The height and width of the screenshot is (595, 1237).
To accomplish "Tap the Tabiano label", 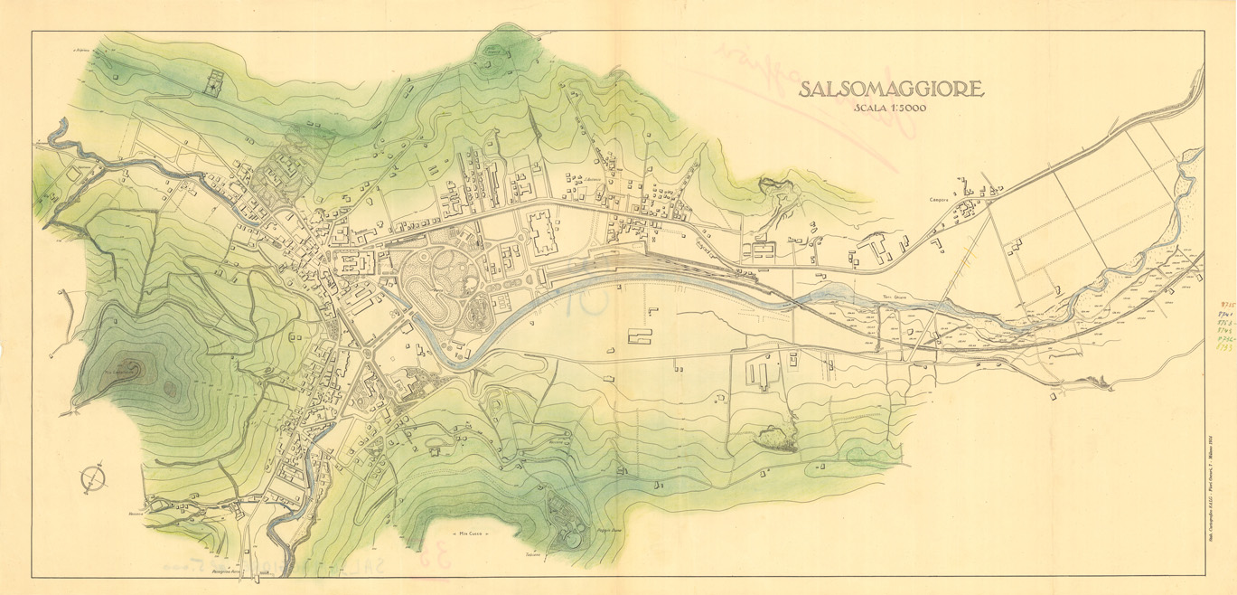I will click(532, 553).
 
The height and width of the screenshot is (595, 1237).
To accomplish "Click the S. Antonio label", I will click(593, 179).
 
